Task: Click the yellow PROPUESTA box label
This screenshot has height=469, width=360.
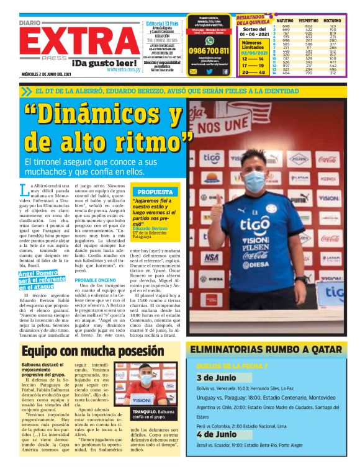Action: tap(154, 192)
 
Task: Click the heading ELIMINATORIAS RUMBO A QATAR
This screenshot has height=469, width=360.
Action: tap(268, 351)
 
